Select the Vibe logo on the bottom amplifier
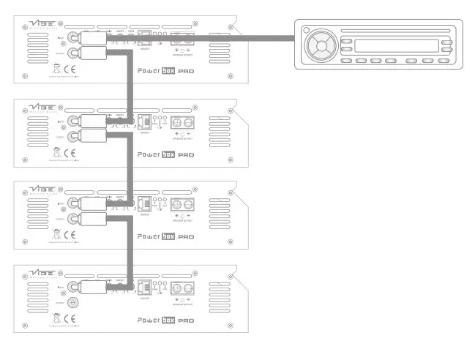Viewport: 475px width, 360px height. tap(43, 272)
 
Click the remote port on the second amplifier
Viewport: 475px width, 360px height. tap(143, 121)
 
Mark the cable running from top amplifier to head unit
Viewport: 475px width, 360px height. tap(220, 37)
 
